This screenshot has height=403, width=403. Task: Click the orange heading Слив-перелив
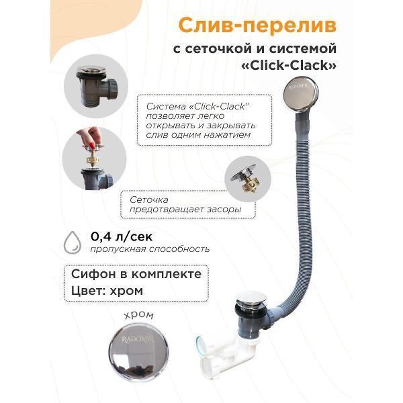pos(257,26)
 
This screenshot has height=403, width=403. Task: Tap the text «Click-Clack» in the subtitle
pos(289,65)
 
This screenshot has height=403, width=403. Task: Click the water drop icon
pos(73,242)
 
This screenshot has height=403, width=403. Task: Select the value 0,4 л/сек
pos(122,236)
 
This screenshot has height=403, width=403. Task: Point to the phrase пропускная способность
pos(150,249)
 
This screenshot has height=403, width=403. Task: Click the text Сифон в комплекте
pos(136,274)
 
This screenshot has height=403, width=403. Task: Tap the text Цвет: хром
pos(107,291)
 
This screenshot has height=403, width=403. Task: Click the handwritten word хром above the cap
pos(139,315)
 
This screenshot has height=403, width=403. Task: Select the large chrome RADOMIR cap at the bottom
pos(138,352)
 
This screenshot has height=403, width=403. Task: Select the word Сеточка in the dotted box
pos(149,199)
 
